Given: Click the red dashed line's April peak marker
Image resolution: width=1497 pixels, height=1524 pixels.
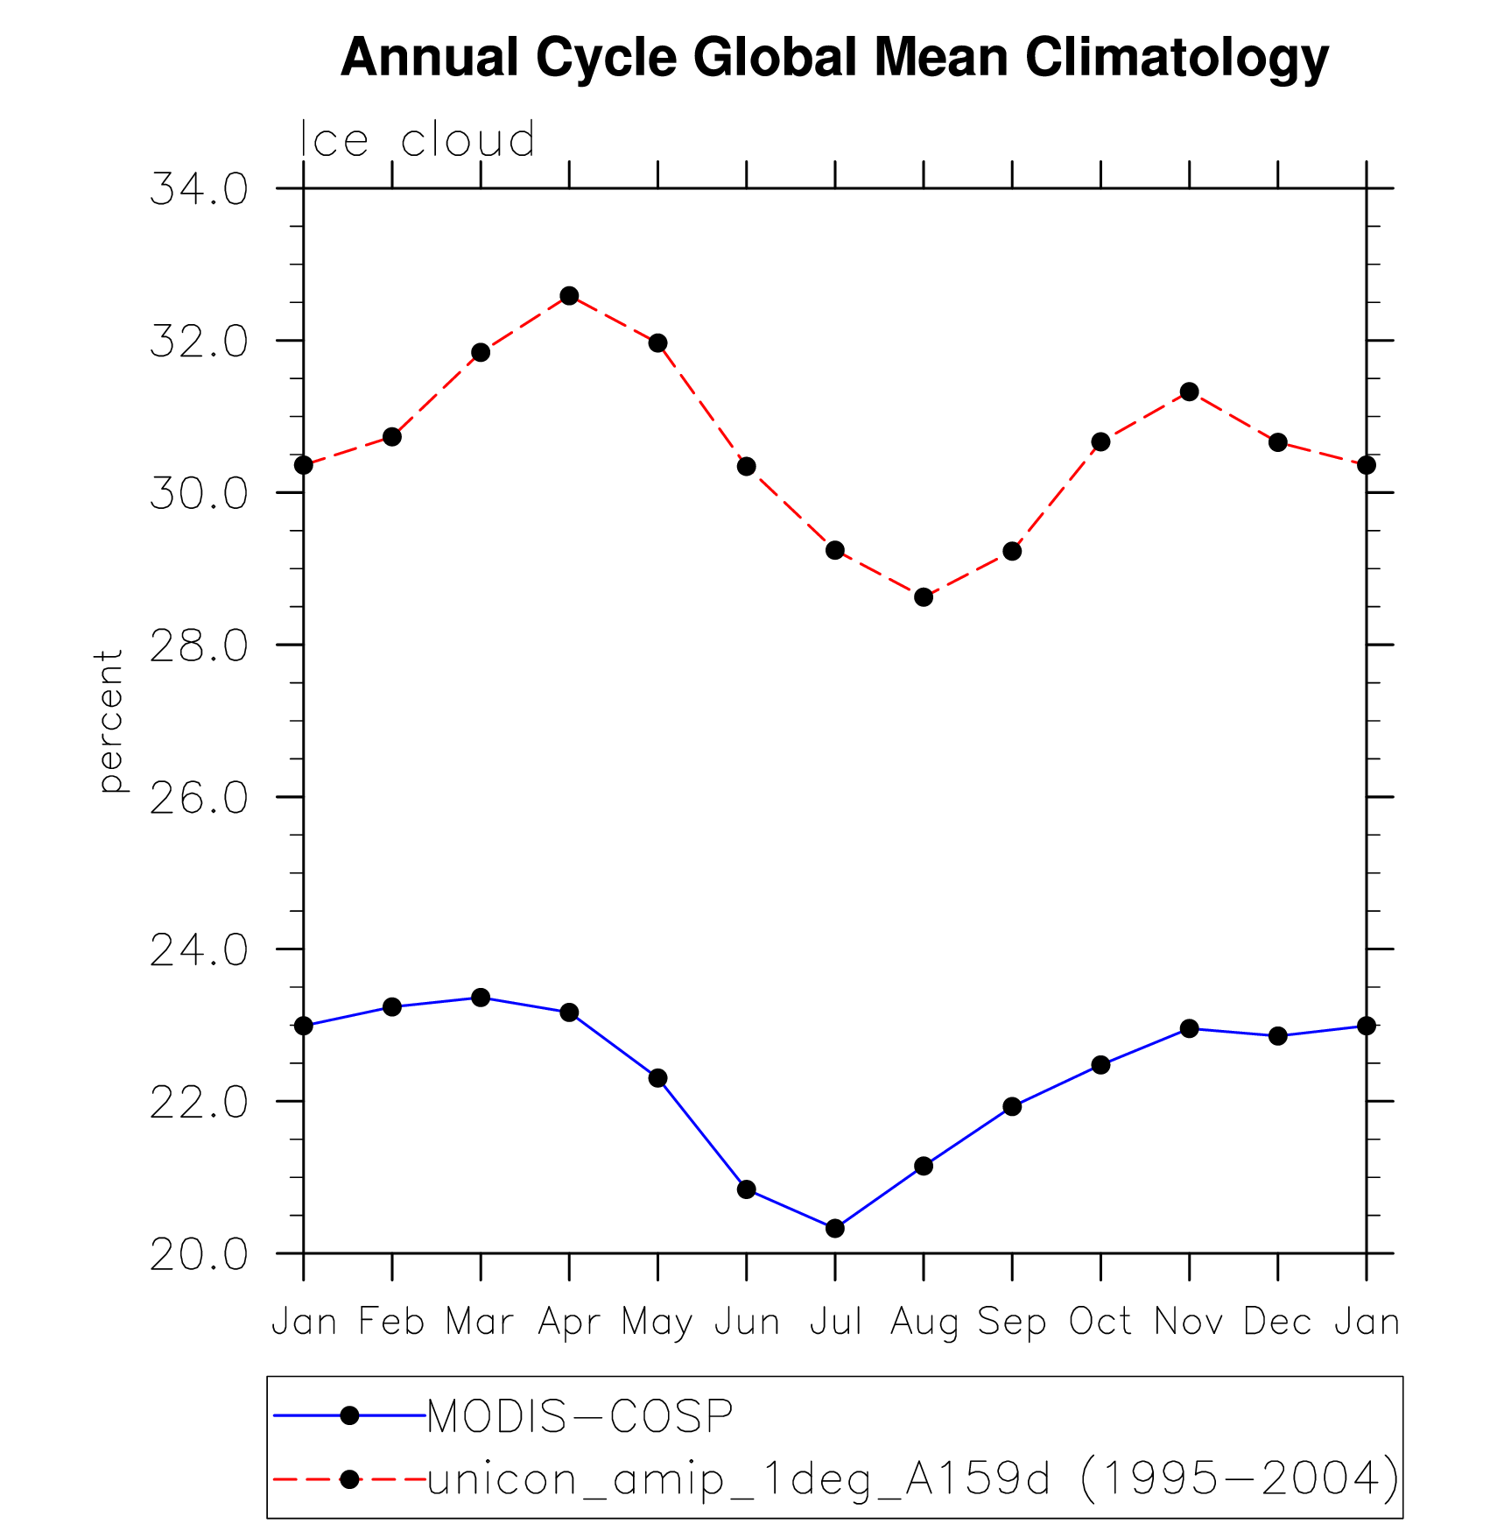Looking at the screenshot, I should [569, 296].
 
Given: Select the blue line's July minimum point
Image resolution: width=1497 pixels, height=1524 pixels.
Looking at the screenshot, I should [835, 1228].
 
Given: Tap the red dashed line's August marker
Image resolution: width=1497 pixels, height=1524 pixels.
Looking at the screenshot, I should [924, 597].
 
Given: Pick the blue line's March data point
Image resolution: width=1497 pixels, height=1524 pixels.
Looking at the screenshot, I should [481, 998].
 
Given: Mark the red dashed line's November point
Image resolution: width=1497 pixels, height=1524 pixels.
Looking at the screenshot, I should [1189, 392].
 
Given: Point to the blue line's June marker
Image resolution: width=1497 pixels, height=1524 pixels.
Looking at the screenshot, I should [747, 1189].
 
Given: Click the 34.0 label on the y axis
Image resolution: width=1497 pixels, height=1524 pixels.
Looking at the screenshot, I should [200, 190].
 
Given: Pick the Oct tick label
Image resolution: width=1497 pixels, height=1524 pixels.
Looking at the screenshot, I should [1100, 1321].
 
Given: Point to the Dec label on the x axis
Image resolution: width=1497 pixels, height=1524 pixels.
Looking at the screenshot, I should [1277, 1321].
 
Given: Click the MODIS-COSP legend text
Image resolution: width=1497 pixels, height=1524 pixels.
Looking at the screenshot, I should [580, 1416].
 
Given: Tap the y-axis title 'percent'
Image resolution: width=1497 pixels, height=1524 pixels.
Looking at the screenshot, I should [110, 722].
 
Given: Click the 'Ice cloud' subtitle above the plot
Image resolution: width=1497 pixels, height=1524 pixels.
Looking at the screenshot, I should [418, 140].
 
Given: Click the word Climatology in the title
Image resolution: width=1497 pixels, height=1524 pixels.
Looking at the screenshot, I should [1177, 58].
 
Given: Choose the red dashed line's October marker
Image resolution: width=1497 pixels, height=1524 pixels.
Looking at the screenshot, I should [1100, 442].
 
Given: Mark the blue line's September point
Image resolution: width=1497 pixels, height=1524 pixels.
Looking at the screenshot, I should [1012, 1107].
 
